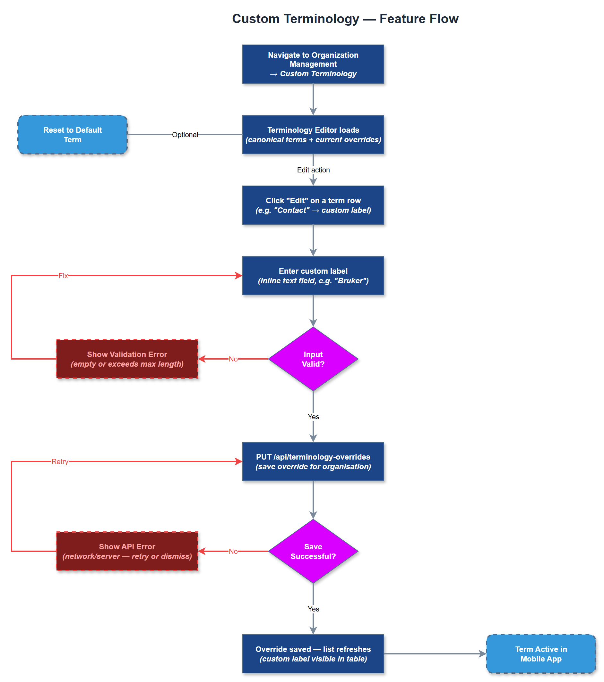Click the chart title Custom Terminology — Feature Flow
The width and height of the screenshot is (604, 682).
click(345, 19)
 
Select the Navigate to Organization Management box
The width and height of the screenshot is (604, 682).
click(313, 64)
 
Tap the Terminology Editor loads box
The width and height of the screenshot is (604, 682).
click(313, 135)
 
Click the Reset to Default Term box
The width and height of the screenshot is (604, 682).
click(73, 135)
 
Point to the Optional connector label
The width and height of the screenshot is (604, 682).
click(185, 135)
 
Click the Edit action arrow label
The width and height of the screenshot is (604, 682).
click(313, 170)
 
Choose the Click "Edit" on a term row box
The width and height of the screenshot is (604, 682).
click(313, 205)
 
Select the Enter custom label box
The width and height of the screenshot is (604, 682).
click(313, 275)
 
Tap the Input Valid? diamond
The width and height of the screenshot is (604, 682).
click(313, 359)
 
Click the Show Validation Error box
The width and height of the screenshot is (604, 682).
click(127, 359)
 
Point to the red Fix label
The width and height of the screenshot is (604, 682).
click(63, 276)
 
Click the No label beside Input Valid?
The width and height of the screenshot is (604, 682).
click(233, 359)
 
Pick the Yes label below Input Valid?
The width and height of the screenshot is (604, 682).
click(313, 416)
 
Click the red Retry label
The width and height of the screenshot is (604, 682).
click(60, 462)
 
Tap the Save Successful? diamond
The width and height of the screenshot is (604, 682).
click(313, 551)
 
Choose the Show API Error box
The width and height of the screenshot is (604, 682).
click(127, 551)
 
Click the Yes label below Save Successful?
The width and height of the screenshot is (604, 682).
click(313, 609)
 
